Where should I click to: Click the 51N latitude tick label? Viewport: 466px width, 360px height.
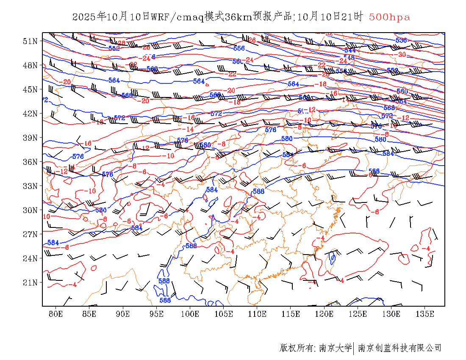pos(31,41)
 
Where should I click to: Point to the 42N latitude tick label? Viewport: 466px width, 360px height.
pos(31,114)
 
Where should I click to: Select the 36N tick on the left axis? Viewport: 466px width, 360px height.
pos(31,162)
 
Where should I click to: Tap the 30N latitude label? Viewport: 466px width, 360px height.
pos(31,210)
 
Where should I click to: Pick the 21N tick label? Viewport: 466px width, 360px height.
pos(31,282)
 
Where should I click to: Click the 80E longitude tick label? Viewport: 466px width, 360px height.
pos(56,314)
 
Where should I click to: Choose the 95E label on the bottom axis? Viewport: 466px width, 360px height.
pos(157,314)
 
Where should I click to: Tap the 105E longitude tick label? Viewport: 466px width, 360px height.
pos(224,314)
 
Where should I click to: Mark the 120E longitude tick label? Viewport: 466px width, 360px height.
pos(325,314)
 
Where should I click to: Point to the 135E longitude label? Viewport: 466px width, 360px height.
pos(425,314)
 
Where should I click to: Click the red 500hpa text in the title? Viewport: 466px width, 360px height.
pos(389,17)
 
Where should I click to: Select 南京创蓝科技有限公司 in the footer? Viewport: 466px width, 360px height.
pos(399,348)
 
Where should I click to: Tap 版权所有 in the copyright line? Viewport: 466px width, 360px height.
pos(296,348)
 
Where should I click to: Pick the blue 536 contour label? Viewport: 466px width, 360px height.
pos(401,40)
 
